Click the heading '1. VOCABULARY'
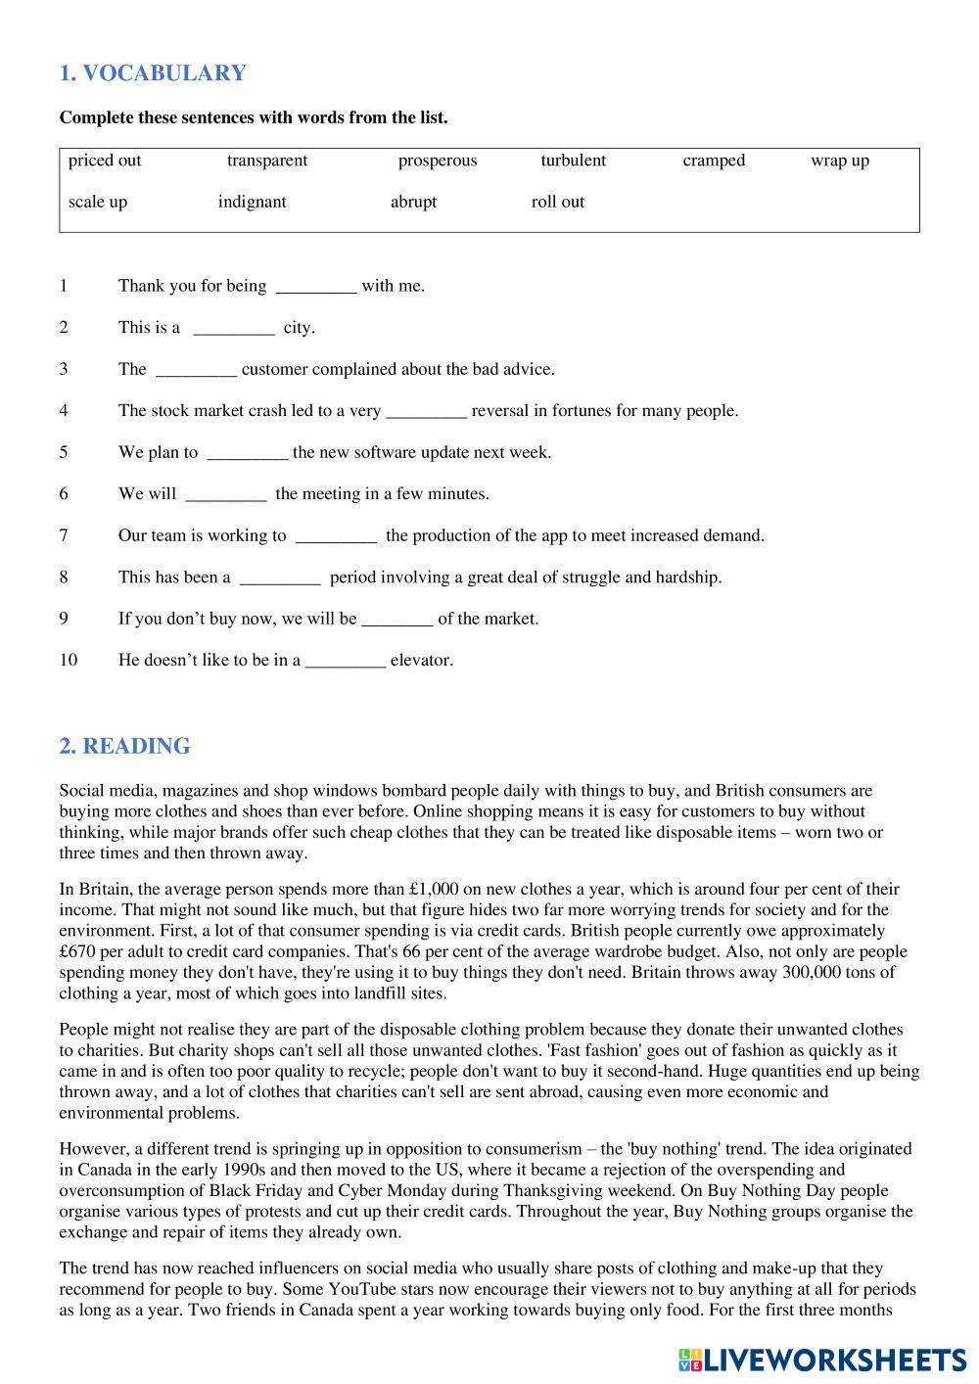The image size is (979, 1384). [153, 73]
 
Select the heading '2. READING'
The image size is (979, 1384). [124, 746]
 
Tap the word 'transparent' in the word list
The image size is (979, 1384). [267, 161]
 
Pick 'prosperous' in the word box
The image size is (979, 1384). [437, 161]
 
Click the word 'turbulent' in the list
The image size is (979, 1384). [573, 161]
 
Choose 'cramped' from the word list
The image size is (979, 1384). [714, 161]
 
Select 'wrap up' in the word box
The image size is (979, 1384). [839, 161]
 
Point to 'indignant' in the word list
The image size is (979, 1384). [252, 202]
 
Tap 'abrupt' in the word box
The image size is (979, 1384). [413, 202]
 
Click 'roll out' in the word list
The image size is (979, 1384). [557, 202]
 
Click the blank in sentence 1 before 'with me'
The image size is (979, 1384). [316, 288]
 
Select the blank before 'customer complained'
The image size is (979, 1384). [196, 371]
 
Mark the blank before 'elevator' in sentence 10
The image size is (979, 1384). [346, 662]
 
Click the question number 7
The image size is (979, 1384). [64, 535]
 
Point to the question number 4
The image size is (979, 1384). [64, 410]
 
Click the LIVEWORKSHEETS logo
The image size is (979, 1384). [821, 1360]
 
